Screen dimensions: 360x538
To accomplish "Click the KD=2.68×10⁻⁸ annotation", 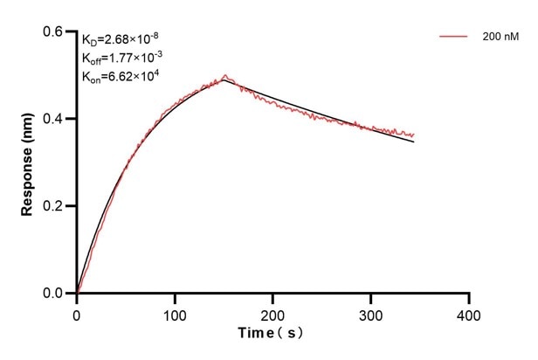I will (x=121, y=38).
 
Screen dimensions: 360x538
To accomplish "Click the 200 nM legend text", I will (x=500, y=37).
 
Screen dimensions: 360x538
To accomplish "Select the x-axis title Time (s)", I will (x=273, y=334).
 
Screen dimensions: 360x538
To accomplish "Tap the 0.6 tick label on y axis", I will (x=54, y=31).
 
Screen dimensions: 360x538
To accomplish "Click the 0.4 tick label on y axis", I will (x=54, y=119).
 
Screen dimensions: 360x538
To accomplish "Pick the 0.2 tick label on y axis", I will (x=54, y=206).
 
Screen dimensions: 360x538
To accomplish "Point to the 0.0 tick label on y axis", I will (x=54, y=294).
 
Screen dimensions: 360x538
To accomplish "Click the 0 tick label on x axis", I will (x=77, y=312).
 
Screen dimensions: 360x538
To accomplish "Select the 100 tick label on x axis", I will (x=175, y=312).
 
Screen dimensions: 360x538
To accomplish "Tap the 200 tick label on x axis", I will (x=273, y=312).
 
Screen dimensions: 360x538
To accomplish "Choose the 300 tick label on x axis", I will (x=371, y=312).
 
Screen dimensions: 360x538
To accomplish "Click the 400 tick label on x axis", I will (x=470, y=312).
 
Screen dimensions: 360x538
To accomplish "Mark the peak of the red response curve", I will (x=224, y=75).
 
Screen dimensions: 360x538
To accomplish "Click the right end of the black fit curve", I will (x=414, y=142).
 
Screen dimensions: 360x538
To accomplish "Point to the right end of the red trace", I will (x=414, y=135).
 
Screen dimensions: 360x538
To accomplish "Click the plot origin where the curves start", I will (x=77, y=294).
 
